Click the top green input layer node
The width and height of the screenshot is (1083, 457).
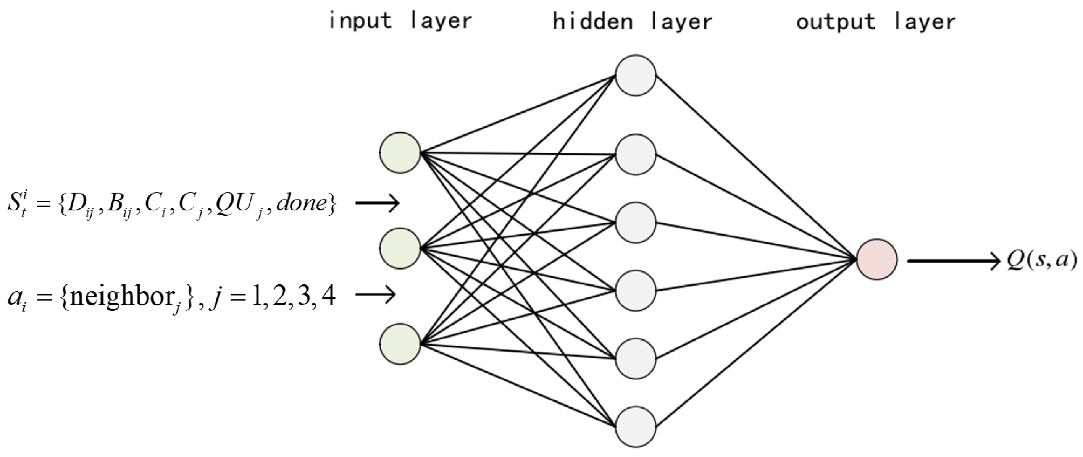point(400,153)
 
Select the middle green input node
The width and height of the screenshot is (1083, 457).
point(400,248)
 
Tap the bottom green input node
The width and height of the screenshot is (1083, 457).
point(400,344)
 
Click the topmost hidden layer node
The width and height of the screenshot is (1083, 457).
point(635,75)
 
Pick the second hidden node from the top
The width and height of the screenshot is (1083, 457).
point(635,154)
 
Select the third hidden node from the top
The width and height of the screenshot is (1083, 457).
point(635,223)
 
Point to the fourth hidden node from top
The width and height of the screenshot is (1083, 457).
point(635,291)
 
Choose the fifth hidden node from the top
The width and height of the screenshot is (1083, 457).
point(635,358)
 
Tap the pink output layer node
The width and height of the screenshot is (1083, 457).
point(876,259)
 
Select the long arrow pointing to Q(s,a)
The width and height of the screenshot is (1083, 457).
point(952,261)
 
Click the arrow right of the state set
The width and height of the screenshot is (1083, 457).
point(377,203)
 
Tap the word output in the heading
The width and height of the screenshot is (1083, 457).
point(835,22)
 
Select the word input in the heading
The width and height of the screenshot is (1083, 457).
point(360,21)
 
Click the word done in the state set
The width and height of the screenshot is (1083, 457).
point(302,203)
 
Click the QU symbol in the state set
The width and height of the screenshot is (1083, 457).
point(236,204)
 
